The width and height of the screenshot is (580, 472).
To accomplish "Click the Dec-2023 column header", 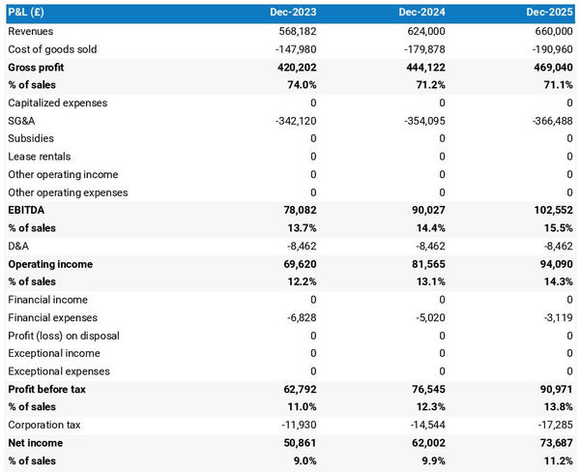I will pos(294,14).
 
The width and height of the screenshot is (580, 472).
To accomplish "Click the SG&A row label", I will pos(22,121).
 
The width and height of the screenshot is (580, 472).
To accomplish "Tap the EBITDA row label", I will pos(26,210).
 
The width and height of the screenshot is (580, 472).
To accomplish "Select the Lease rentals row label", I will pos(39,157).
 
